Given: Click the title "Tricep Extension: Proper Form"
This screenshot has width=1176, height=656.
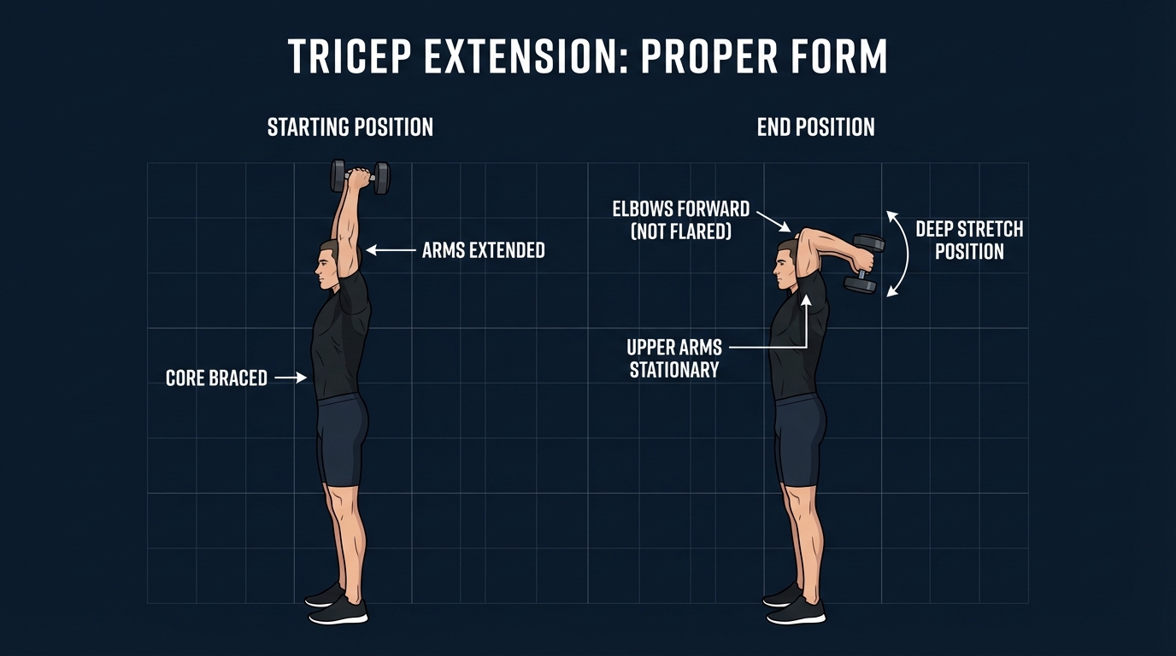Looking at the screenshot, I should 587,57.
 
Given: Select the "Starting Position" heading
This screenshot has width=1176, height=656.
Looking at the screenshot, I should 350,128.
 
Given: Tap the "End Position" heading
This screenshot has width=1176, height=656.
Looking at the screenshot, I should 815,128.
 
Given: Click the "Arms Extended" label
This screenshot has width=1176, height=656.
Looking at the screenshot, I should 484,250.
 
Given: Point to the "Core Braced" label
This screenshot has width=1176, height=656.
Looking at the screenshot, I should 216,378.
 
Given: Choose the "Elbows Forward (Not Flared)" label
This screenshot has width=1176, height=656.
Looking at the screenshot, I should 680,220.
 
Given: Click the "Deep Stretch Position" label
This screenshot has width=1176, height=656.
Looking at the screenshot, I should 968,240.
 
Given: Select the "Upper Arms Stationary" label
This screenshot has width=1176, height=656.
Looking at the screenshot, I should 674,359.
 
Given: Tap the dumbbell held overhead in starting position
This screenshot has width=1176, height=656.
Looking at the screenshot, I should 360,177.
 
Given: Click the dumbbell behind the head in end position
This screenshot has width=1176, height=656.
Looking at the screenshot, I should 864,263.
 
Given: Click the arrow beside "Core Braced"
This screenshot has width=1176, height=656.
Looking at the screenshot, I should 291,377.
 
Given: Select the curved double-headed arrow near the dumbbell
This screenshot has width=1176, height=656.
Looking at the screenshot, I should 900,254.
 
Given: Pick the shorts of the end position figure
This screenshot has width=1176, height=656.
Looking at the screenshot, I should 801,440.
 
